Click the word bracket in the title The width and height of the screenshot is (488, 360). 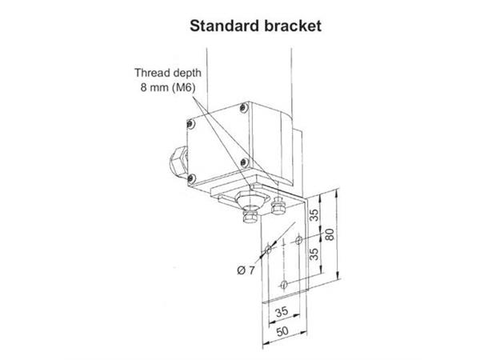(293, 26)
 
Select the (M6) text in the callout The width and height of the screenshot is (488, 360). (184, 87)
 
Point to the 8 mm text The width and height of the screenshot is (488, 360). (154, 87)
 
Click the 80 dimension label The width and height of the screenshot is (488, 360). (330, 234)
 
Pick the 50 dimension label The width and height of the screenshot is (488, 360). (282, 331)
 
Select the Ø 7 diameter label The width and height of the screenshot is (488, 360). (246, 270)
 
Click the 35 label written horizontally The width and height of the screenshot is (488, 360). (282, 311)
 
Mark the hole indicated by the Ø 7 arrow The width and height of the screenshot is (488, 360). (268, 249)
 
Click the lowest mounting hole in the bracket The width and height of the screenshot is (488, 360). (283, 284)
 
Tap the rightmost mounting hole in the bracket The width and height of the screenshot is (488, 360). (298, 240)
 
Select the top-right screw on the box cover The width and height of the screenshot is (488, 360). (244, 108)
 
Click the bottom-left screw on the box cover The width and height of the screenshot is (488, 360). (191, 178)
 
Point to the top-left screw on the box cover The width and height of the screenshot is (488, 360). (190, 125)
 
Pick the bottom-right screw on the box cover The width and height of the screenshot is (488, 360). (245, 162)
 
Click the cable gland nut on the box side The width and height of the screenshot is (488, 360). (178, 161)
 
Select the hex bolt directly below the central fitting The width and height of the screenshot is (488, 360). (250, 216)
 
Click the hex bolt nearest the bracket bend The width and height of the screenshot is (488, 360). (278, 206)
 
